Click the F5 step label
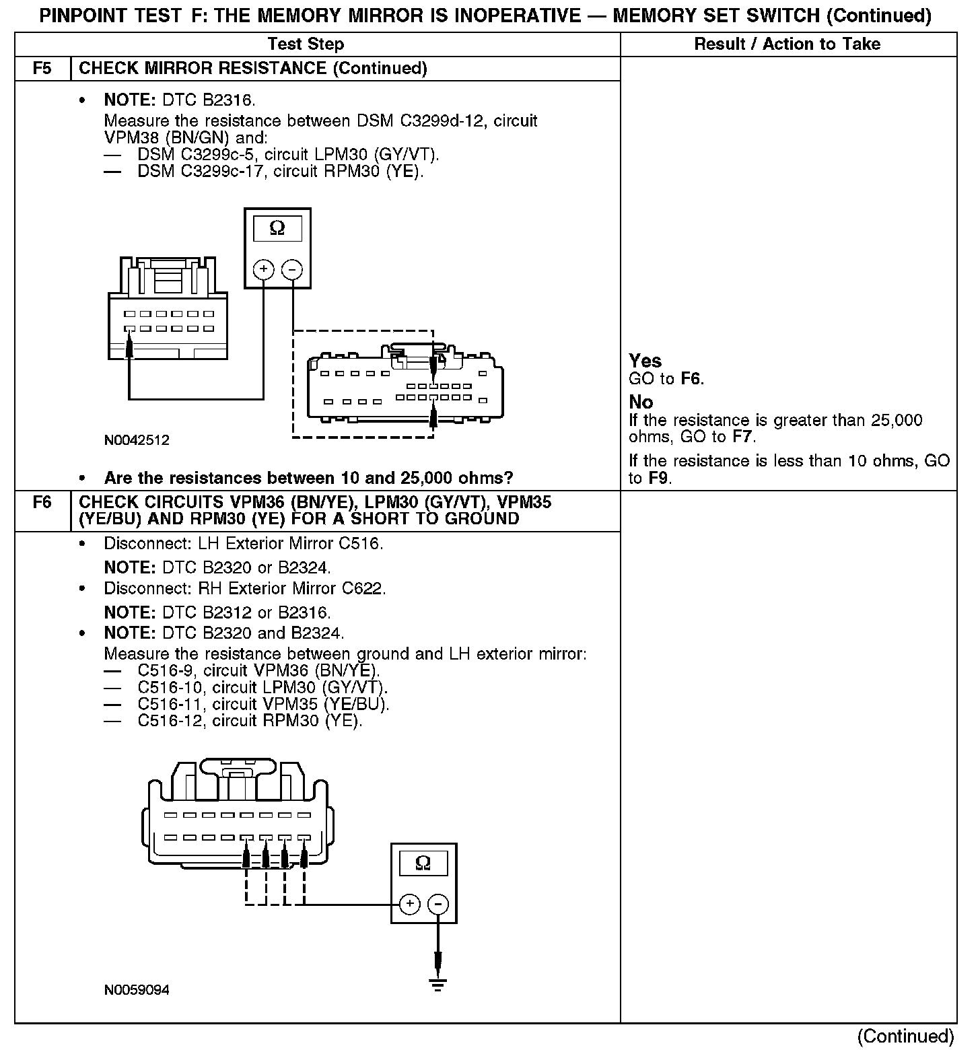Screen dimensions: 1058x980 (x=42, y=69)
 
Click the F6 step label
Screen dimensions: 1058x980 (x=42, y=503)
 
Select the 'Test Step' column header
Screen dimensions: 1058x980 (x=306, y=44)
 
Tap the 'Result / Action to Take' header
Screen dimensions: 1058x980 (x=787, y=44)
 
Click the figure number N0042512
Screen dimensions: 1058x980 (x=137, y=441)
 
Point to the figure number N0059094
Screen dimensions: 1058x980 (x=137, y=990)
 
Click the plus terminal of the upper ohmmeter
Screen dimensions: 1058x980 (x=263, y=270)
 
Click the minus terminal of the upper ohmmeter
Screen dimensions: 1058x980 (x=291, y=270)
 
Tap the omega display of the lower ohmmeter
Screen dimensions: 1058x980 (x=423, y=863)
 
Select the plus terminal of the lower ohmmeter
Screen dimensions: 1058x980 (x=410, y=904)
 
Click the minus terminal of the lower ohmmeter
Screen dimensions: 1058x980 (x=438, y=904)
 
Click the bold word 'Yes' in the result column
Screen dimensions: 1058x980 (x=645, y=361)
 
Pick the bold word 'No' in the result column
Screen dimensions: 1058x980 (x=641, y=402)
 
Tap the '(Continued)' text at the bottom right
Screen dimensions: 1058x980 (x=905, y=1036)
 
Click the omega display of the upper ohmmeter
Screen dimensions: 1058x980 (x=277, y=230)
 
